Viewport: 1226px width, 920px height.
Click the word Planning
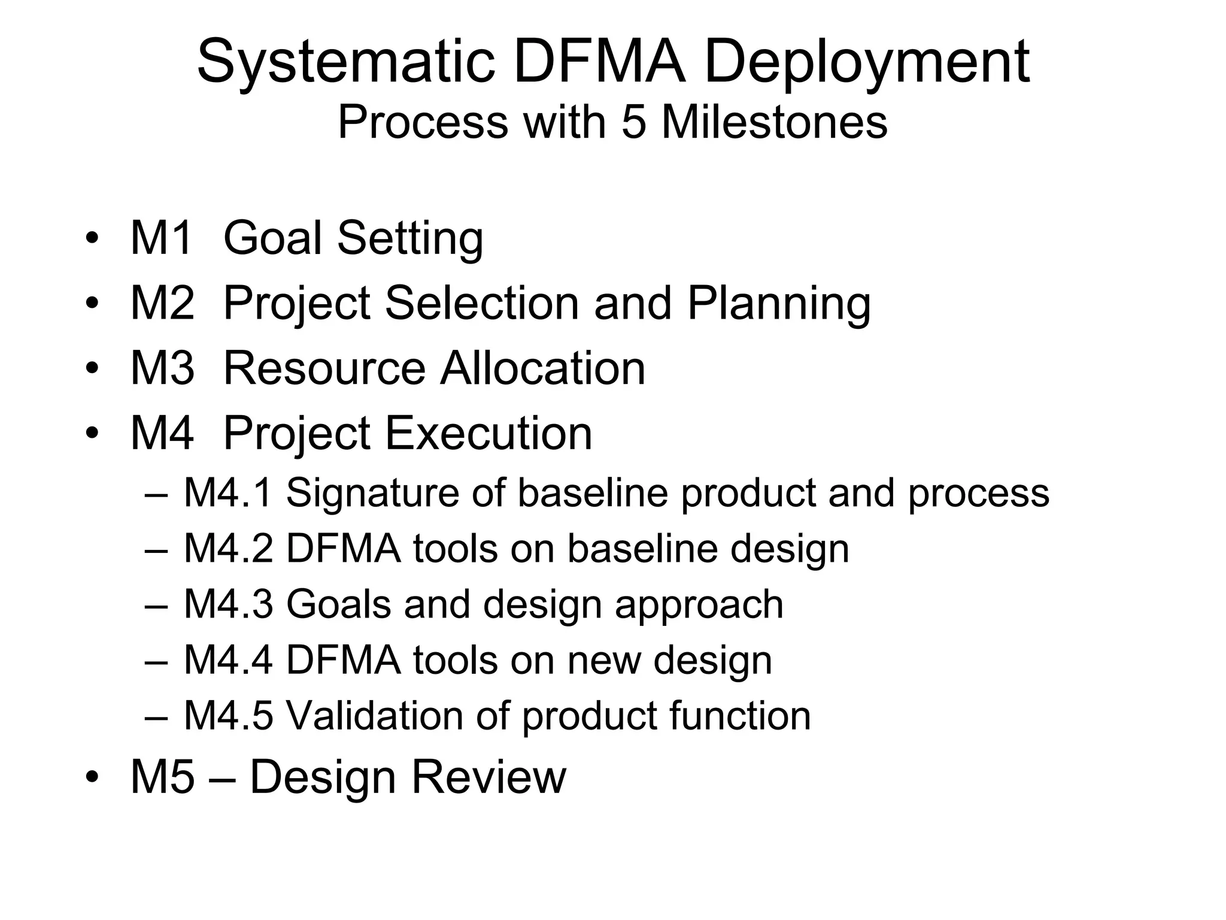pos(779,304)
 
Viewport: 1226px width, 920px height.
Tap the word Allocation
pos(542,368)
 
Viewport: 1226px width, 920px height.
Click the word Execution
pos(488,432)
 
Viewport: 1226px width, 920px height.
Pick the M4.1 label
pos(228,493)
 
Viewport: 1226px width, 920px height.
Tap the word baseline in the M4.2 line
pos(642,549)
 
